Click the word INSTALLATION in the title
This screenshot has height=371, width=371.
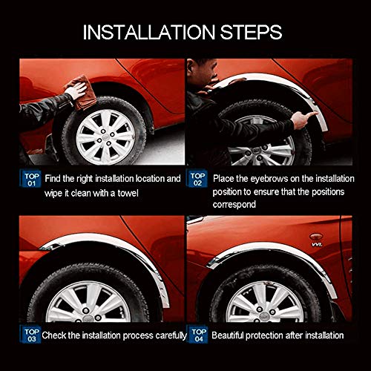(149, 32)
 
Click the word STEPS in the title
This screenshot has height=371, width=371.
(251, 32)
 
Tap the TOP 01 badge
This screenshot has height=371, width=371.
(31, 179)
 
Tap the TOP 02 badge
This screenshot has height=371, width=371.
(197, 179)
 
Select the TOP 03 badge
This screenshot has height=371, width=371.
(31, 335)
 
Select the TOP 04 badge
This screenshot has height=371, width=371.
(198, 335)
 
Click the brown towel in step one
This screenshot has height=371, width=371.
(81, 93)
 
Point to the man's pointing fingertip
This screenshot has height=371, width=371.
(317, 114)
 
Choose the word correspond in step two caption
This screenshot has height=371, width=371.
(234, 205)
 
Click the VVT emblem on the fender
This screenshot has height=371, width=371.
(317, 244)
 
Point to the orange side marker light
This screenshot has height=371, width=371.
(316, 237)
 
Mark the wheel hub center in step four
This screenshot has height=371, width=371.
(263, 317)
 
